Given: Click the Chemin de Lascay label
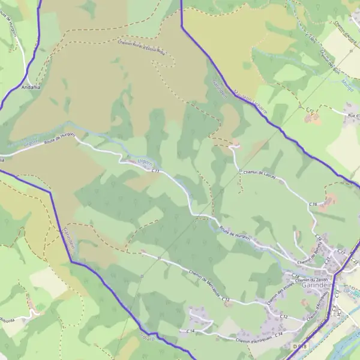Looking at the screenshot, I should (257, 172).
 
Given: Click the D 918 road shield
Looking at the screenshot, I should (299, 347).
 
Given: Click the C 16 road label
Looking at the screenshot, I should (313, 205).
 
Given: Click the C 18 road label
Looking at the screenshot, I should (295, 275).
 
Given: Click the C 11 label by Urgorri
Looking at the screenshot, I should (155, 172).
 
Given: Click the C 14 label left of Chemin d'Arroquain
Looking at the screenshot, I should (191, 331).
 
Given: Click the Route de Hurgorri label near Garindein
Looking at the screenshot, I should (233, 231).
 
